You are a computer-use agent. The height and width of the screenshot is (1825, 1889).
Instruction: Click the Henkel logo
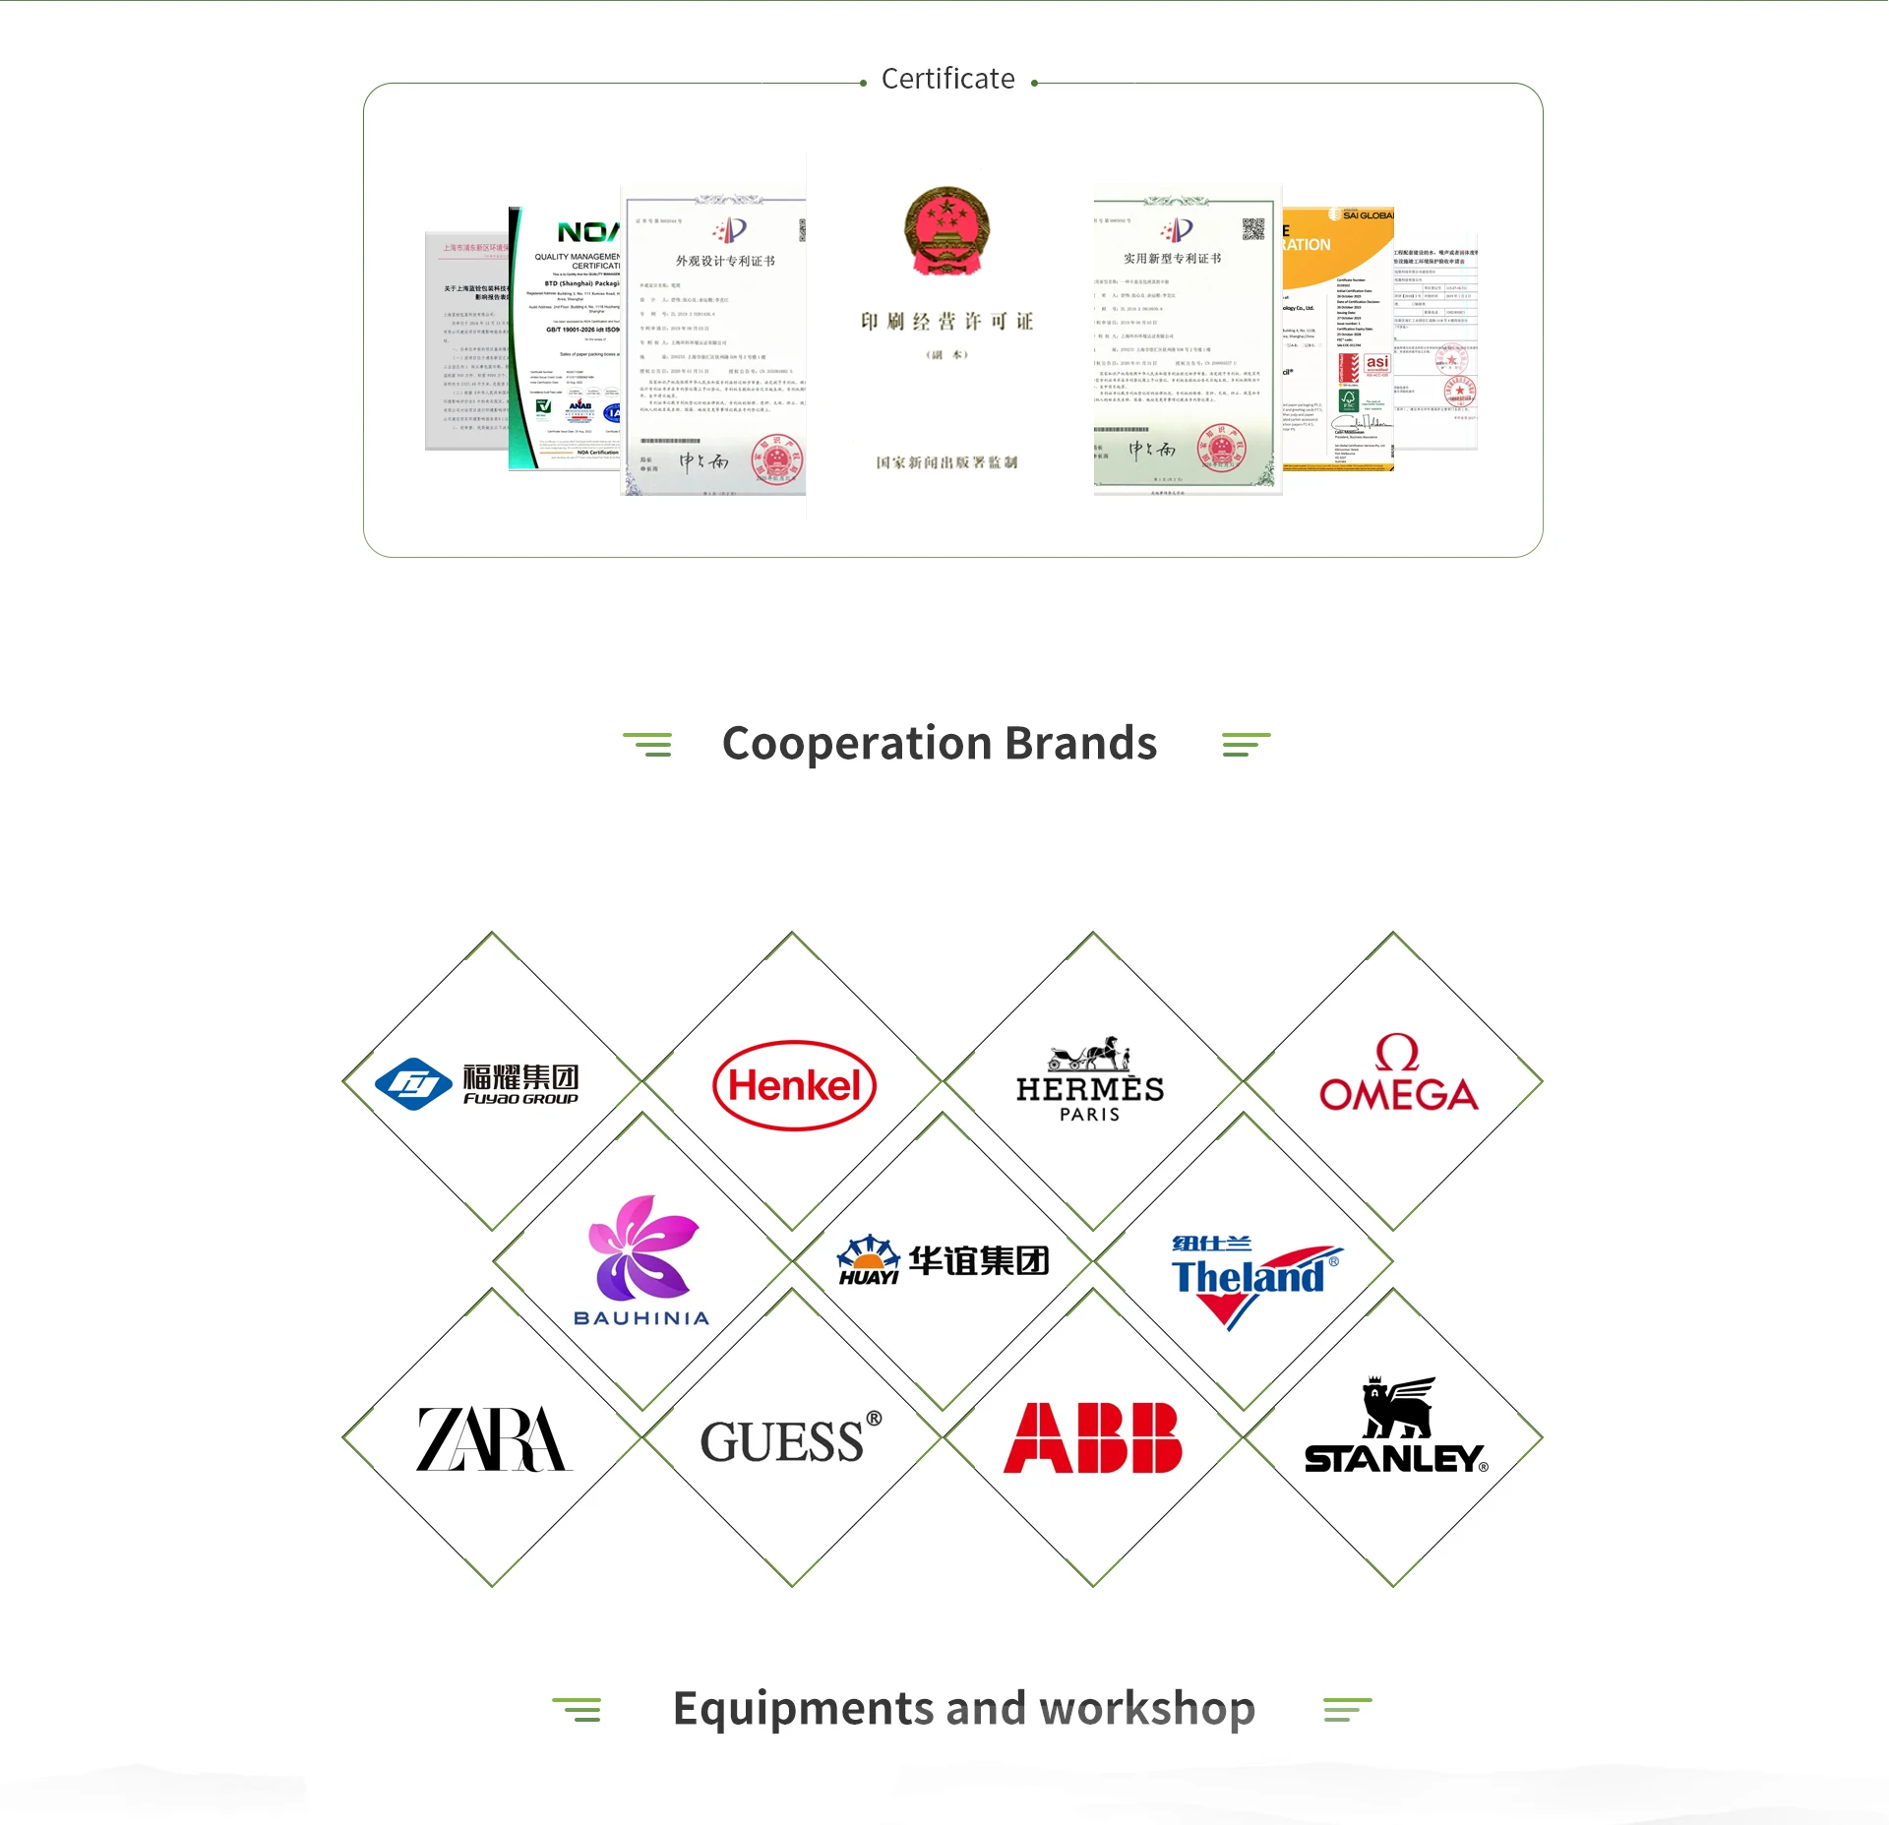[794, 1085]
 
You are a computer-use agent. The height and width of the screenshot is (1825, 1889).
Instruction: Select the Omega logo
[1398, 1074]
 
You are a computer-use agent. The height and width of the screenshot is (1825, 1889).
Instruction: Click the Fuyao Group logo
[478, 1083]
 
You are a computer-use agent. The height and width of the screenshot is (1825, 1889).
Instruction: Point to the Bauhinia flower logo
[641, 1260]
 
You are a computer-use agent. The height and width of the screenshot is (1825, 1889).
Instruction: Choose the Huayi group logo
[943, 1260]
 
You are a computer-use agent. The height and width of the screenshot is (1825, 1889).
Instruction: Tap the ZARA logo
[493, 1438]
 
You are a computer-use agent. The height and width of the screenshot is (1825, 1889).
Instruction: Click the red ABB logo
[1092, 1437]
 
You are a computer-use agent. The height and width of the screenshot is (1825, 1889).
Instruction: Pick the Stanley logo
[1396, 1428]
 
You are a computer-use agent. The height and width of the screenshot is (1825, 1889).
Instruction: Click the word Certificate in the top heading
[947, 79]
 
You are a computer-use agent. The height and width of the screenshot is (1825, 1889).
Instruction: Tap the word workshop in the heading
[1147, 1709]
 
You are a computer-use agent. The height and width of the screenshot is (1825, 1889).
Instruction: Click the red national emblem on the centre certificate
[946, 229]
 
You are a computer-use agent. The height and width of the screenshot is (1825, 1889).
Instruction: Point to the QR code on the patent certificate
[1252, 229]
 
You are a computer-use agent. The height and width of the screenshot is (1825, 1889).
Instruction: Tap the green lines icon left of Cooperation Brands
[647, 745]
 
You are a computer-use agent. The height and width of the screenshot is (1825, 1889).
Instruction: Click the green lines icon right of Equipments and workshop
[1347, 1710]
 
